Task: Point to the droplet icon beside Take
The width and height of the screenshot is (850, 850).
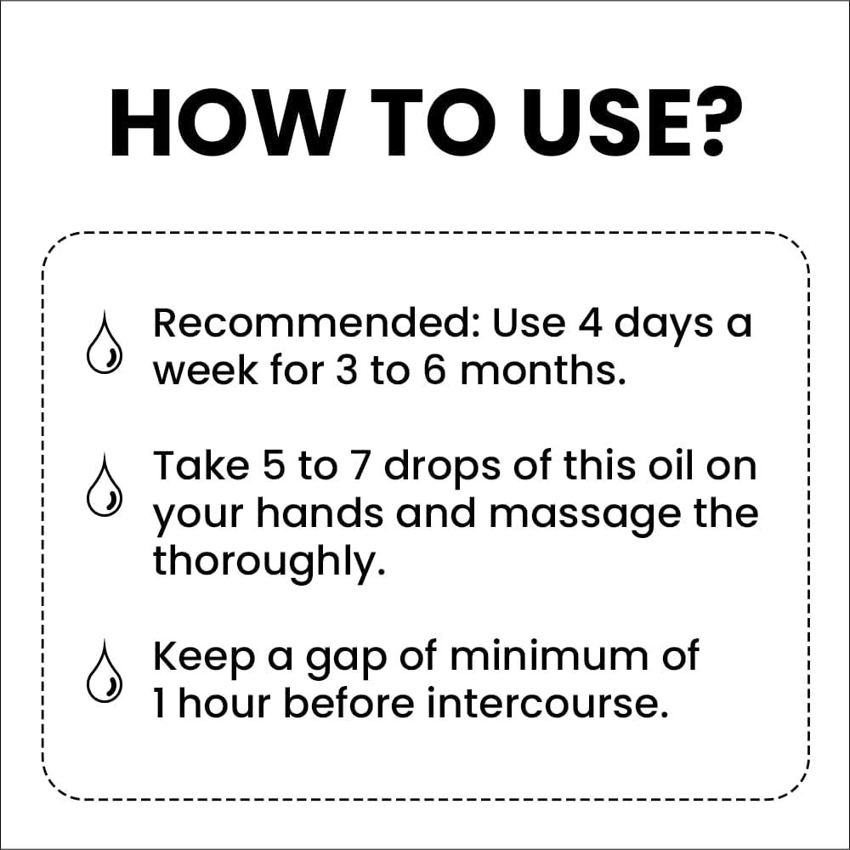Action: (x=105, y=485)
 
